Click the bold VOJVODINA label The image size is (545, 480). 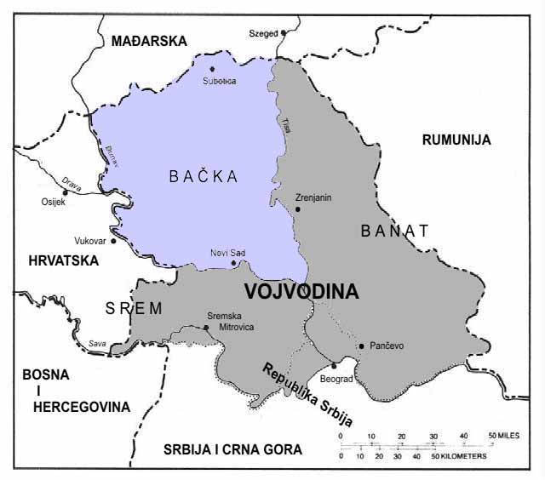301,291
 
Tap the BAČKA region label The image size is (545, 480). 202,176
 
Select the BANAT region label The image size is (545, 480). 395,230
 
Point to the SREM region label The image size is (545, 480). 133,309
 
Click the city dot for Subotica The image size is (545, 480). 212,69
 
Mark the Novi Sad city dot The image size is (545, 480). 234,263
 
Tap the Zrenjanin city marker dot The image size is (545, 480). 297,209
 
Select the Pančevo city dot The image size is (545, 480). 362,346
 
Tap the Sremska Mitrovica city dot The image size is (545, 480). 207,327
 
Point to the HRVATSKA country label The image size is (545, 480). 63,261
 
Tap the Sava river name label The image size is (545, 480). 99,343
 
